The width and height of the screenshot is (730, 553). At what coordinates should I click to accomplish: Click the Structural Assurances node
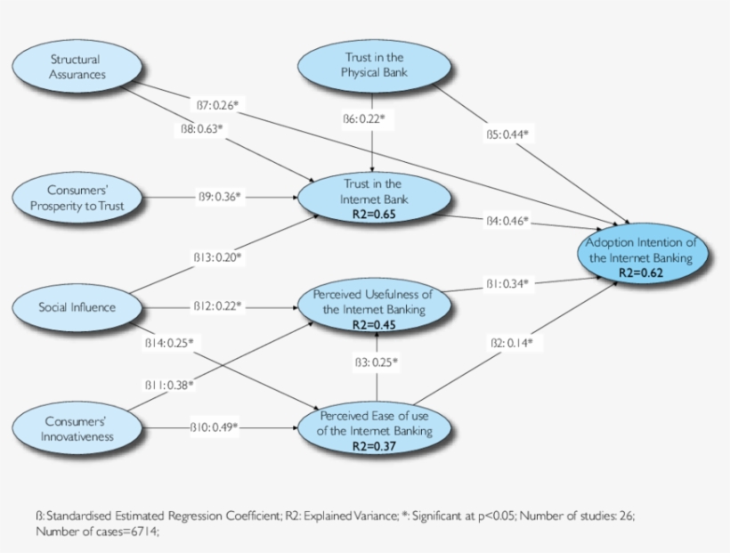tap(77, 68)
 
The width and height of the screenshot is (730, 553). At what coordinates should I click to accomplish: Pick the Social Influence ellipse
tap(77, 307)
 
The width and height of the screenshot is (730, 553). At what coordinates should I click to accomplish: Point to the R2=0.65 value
tap(372, 215)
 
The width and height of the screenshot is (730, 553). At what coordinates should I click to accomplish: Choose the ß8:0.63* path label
tap(200, 129)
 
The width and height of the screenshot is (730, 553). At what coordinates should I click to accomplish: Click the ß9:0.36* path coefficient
tap(219, 197)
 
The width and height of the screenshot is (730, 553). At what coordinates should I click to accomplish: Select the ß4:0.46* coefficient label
tap(507, 220)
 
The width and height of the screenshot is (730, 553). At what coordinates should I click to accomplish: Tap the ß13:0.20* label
tap(218, 257)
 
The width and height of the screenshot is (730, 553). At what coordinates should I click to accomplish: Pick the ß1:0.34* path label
tap(507, 283)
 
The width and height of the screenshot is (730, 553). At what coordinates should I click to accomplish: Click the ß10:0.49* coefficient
tap(214, 427)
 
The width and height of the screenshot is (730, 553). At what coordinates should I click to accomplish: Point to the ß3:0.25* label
tap(377, 362)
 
